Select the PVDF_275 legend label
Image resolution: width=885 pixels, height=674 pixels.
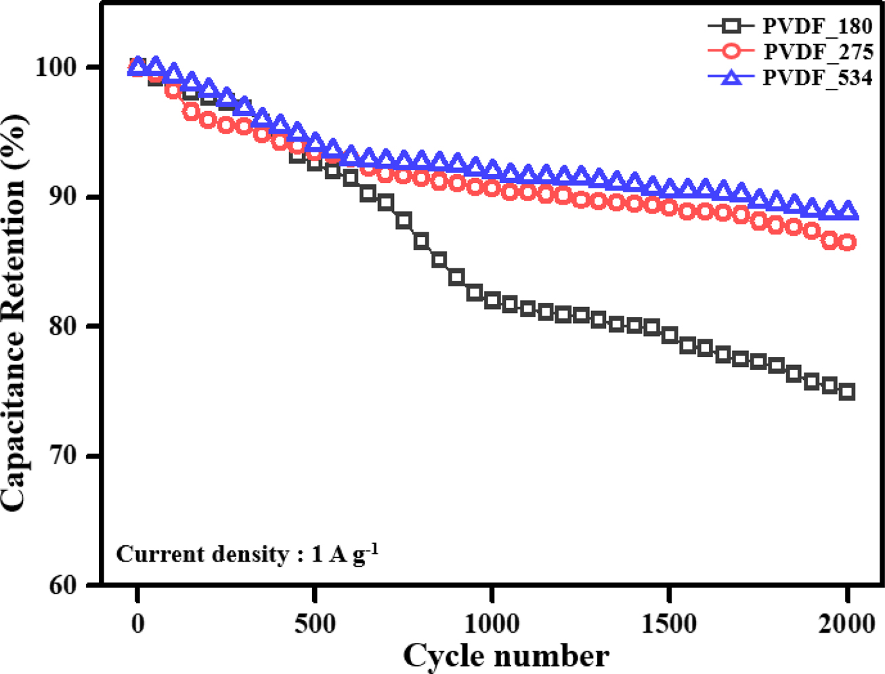point(818,52)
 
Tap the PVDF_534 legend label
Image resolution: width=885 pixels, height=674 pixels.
point(817,77)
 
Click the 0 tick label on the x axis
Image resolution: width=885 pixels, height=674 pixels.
point(137,623)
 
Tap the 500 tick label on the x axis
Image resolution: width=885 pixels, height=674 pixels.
point(315,623)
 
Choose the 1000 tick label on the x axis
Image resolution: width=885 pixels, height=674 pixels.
point(492,623)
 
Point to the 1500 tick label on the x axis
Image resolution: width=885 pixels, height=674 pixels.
point(670,623)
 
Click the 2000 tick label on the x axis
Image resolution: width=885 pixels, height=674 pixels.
point(847,623)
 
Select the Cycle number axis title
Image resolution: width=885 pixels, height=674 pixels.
point(506,656)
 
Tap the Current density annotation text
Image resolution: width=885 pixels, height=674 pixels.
point(246,554)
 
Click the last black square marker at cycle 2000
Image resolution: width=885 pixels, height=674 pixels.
point(847,392)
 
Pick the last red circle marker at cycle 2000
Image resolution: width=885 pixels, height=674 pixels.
point(847,243)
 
